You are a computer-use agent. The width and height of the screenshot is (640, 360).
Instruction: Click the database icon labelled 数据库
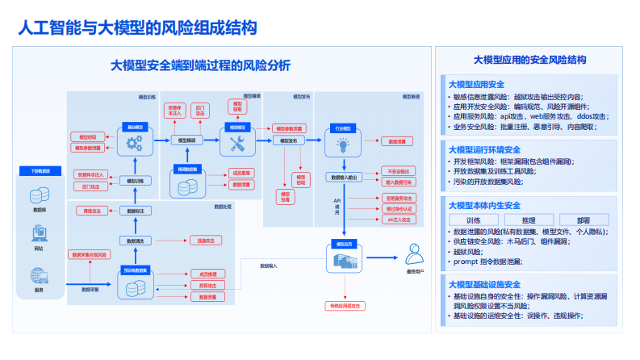click(38, 195)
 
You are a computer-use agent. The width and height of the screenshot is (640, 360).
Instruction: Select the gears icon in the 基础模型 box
click(135, 143)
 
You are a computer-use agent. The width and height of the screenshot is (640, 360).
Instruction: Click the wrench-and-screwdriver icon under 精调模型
click(237, 143)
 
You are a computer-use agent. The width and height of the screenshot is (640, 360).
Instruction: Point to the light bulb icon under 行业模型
click(342, 144)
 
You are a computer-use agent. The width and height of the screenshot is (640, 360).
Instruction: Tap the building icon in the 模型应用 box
click(342, 260)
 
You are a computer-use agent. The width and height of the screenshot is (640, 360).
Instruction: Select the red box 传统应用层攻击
click(345, 306)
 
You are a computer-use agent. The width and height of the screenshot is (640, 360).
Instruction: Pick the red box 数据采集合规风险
click(89, 255)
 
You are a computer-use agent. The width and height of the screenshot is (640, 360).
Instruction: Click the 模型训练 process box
click(135, 181)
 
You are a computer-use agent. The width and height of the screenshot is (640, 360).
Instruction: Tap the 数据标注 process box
click(135, 211)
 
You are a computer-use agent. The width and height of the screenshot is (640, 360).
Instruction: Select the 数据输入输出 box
click(343, 177)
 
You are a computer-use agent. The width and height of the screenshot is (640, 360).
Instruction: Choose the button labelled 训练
click(473, 220)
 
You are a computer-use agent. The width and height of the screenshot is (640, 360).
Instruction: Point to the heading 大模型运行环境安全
click(484, 150)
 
